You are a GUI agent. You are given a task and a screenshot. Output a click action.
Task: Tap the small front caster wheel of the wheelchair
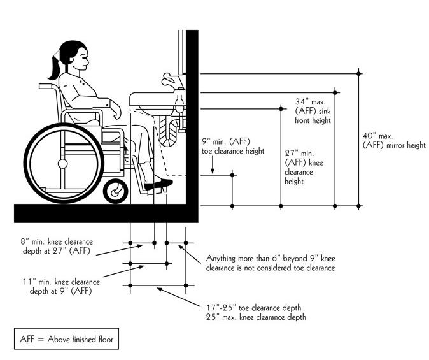(x=116, y=190)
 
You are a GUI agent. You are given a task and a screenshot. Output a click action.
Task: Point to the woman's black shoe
(x=159, y=184)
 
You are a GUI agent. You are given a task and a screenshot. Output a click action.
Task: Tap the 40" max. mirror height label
(x=393, y=141)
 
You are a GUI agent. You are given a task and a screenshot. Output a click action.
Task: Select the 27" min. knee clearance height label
(x=299, y=168)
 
